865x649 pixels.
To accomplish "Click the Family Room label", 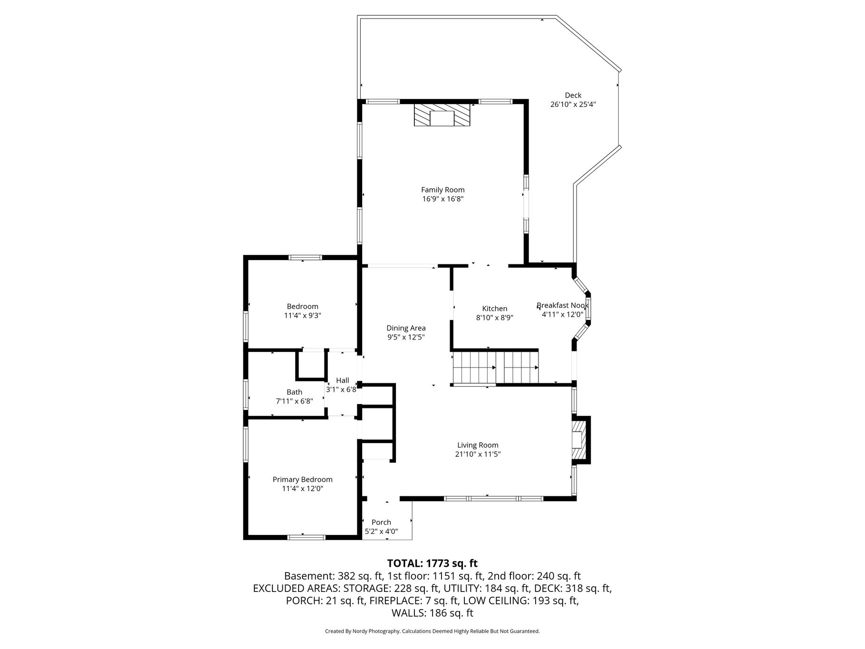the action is [442, 190].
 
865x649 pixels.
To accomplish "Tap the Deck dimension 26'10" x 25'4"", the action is [573, 105].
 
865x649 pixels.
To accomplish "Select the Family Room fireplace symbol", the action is [442, 115].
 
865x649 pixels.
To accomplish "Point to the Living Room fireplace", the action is [580, 440].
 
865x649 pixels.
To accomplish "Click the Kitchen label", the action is [495, 309].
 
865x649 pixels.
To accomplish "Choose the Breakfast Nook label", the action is [563, 305].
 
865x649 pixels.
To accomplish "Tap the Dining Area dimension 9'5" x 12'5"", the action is [406, 337].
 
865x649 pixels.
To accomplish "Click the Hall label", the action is [342, 380].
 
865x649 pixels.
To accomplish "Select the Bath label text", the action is [294, 392].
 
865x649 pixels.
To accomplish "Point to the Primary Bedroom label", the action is [302, 480].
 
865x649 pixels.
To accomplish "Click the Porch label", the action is [381, 522].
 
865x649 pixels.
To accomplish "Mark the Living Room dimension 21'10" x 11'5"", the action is [478, 454].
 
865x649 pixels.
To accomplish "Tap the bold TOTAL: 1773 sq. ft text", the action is [432, 564].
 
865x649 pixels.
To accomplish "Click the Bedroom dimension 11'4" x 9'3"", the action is [302, 315].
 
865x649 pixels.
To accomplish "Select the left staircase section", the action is [474, 367].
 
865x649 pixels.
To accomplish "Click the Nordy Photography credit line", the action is [432, 631].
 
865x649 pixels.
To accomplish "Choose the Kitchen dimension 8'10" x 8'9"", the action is [495, 318].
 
